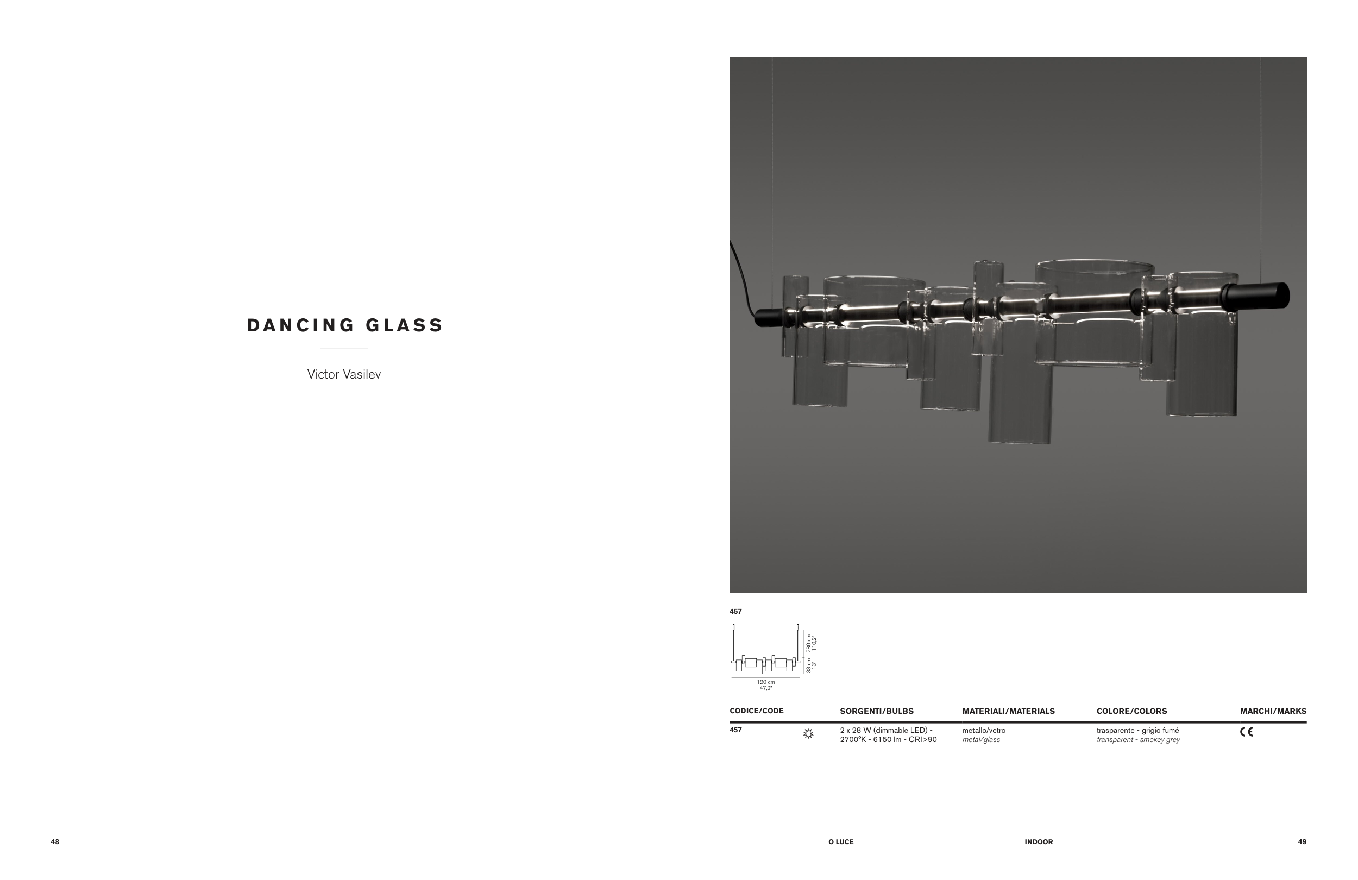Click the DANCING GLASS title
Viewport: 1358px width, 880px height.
click(344, 325)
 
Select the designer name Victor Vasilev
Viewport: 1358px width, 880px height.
click(343, 374)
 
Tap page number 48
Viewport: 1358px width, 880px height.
click(55, 842)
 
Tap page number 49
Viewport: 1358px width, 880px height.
click(1302, 842)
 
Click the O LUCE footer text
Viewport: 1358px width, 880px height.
click(841, 842)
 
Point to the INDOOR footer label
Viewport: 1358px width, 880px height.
click(1039, 842)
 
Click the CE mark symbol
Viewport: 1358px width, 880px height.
click(1246, 732)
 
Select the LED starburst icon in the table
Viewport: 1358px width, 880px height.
click(808, 734)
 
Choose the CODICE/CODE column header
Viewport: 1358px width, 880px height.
click(756, 711)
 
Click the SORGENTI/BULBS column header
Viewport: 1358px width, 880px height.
click(876, 711)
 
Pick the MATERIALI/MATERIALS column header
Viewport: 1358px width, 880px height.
click(1008, 711)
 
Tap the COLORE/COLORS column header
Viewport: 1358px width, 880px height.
click(1131, 711)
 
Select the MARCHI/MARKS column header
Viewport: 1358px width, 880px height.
click(1273, 711)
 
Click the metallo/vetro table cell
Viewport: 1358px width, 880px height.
click(984, 731)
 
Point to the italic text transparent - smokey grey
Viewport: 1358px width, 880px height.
click(1138, 740)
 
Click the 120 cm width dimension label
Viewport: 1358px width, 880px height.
click(766, 682)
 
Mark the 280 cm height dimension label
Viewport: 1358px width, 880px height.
click(809, 643)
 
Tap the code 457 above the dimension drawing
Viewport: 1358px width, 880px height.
click(735, 611)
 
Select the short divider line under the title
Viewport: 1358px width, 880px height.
click(343, 348)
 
